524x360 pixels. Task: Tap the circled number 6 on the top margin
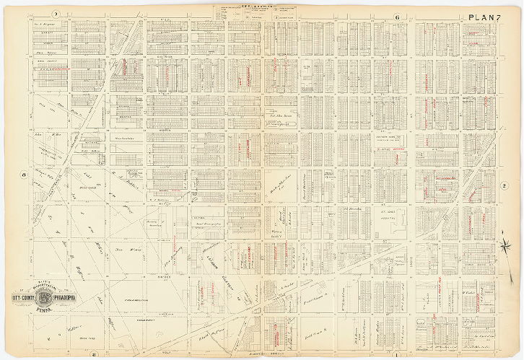396,17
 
